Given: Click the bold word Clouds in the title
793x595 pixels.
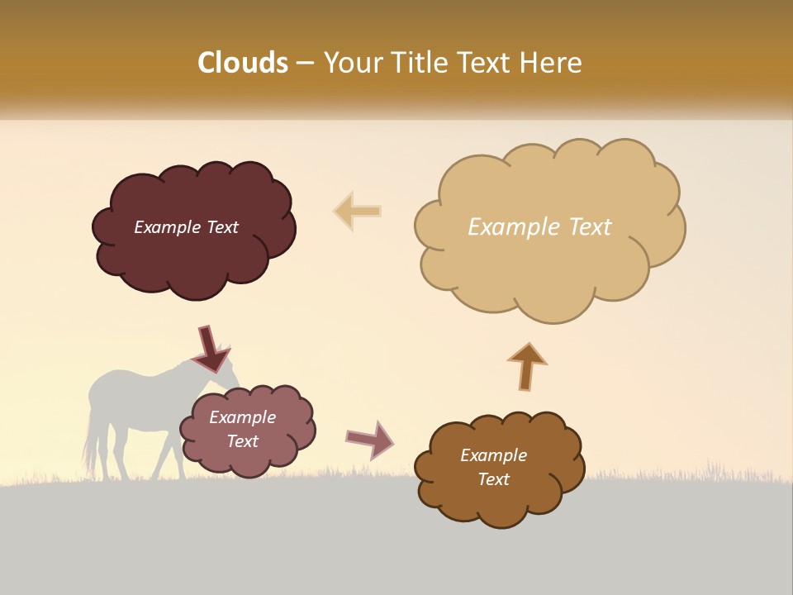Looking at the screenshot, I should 243,63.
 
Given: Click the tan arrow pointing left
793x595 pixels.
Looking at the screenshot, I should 358,211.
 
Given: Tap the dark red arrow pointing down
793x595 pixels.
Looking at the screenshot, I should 211,347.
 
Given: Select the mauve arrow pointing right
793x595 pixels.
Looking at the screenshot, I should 370,439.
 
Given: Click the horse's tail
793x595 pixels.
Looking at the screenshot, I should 89,446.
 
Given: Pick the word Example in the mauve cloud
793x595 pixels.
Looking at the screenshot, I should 242,417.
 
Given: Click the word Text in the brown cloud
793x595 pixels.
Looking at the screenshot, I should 493,479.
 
